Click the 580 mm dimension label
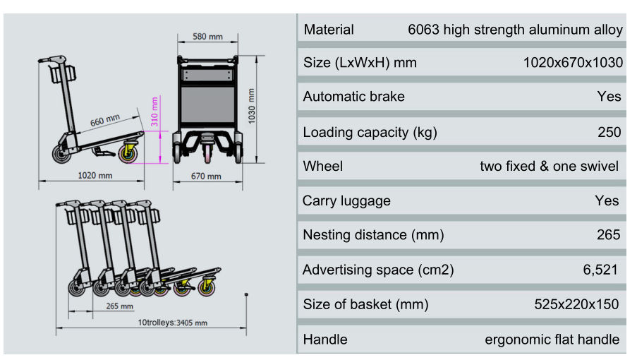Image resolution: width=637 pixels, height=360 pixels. pos(207,37)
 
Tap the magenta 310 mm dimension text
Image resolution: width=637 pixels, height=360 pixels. pos(154,112)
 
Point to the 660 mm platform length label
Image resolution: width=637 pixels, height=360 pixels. pos(105,120)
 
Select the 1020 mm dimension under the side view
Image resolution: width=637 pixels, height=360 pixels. pos(95,176)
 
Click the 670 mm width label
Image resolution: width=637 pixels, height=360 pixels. pos(206,176)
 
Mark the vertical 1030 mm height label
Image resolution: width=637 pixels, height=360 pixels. pos(252,106)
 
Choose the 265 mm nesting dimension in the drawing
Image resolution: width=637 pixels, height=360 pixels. pos(119,306)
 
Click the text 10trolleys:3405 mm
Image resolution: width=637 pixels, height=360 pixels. pos(172,323)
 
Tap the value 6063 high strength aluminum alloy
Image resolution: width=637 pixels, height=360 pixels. pos(515,30)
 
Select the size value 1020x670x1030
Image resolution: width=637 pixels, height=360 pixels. pos(573,63)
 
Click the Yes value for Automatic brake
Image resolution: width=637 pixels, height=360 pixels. pos(609,96)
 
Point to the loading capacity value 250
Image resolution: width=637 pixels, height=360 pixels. pos(609,132)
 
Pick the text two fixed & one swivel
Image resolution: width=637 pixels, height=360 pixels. pos(549,166)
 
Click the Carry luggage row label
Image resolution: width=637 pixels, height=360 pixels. pos(346,200)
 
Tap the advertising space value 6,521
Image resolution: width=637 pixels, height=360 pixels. pos(600,270)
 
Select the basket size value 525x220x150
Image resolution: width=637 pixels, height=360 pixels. pos(576,304)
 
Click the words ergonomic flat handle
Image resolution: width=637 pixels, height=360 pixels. pos(552,340)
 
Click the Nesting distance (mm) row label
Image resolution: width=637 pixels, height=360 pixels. pos(373,235)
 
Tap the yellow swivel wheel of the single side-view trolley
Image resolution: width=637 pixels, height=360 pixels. pos(128,152)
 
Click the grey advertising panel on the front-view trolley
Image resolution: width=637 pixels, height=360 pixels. pos(207,105)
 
